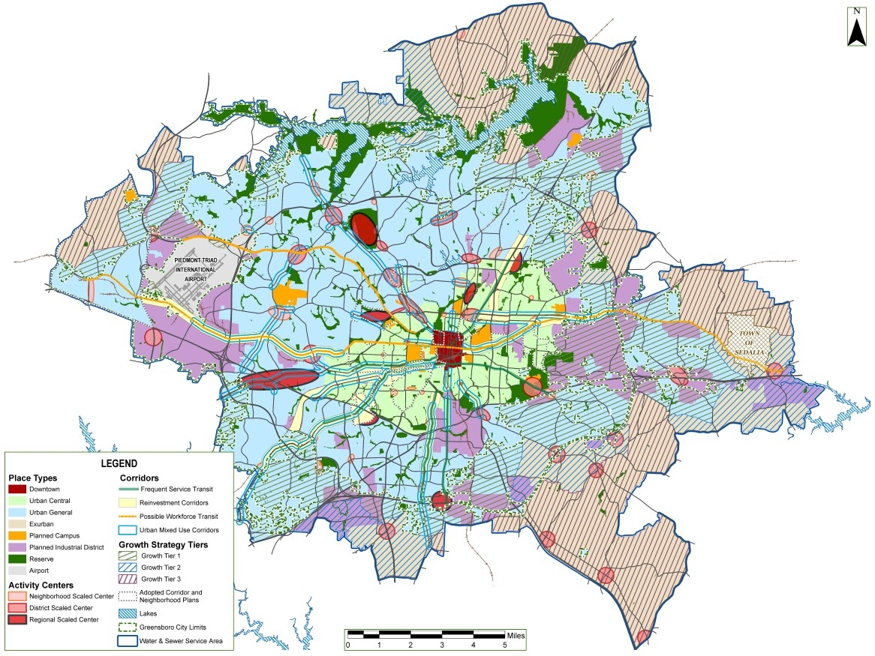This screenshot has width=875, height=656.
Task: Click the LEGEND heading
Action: click(119, 463)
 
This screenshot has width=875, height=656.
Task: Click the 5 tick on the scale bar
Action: click(504, 645)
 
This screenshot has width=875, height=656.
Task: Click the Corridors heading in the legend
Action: click(140, 478)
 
